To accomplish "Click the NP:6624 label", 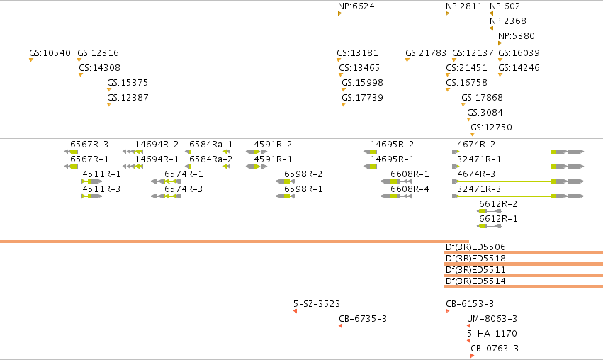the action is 356,6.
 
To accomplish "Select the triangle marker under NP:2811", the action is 447,13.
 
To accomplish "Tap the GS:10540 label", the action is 50,52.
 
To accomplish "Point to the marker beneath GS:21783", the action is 407,60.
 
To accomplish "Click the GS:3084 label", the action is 485,112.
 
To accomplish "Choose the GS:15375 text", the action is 128,83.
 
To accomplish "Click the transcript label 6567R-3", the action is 89,145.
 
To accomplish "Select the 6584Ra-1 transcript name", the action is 211,145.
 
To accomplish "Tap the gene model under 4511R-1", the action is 92,181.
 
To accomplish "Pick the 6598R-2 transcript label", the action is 303,174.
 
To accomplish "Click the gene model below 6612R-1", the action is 489,226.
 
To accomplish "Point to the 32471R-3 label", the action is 479,189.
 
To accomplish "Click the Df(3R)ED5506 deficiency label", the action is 475,247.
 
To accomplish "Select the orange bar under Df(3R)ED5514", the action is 524,286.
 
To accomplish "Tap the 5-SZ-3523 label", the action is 317,304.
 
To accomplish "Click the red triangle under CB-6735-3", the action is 340,326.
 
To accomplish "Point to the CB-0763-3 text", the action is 495,349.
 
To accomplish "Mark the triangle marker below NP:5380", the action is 500,43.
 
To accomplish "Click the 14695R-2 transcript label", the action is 393,145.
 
